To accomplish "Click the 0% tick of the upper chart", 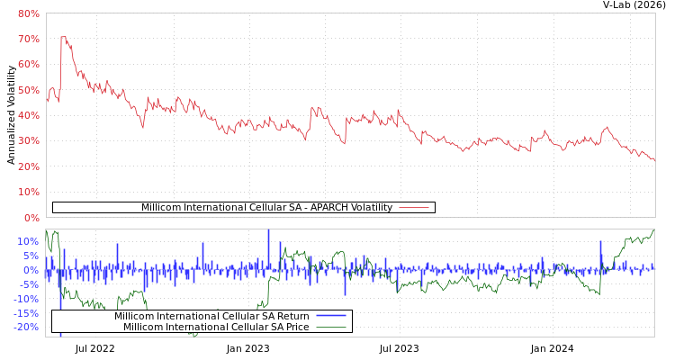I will click(31, 218).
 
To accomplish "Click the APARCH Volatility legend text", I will click(266, 208).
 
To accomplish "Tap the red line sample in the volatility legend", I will click(413, 208).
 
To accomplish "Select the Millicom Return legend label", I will click(211, 316).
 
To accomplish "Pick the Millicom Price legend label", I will click(216, 327).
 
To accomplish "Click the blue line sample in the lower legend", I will click(331, 316).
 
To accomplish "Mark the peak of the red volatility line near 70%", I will click(61, 37).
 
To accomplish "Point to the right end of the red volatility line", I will click(654, 160).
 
